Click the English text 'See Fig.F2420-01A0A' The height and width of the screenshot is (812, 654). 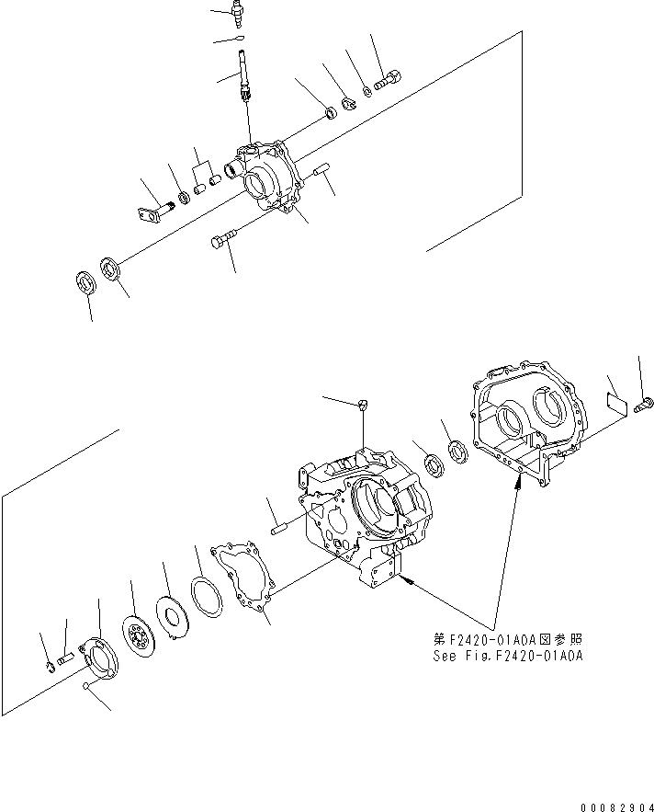coord(508,656)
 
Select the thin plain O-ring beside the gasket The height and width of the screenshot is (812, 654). coord(209,597)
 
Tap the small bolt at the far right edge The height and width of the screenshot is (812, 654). coord(644,400)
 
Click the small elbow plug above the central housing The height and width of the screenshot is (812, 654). coord(364,404)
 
